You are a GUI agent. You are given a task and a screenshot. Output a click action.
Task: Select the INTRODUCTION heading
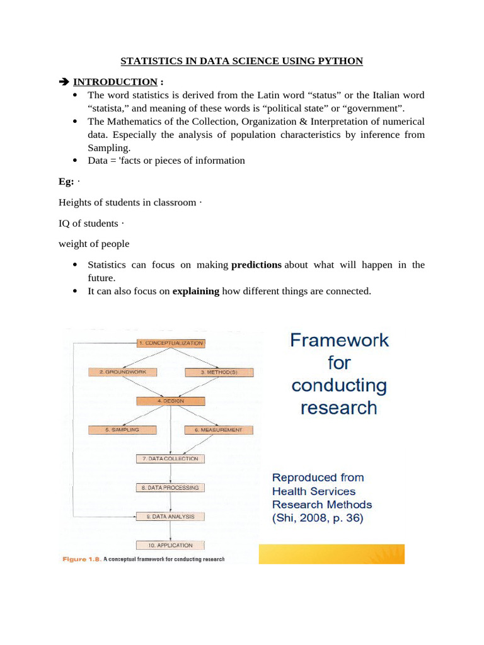(115, 82)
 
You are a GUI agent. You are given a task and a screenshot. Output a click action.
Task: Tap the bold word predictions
(256, 265)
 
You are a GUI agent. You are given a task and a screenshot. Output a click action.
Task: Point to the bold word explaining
(195, 291)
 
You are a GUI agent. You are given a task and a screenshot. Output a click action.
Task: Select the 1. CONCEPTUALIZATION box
(171, 343)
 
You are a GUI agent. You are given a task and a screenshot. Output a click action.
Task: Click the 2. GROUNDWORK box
(122, 372)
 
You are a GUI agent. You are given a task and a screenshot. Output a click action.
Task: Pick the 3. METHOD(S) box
(219, 372)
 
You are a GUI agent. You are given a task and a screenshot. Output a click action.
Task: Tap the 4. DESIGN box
(171, 401)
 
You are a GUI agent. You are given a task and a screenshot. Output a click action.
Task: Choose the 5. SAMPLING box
(122, 430)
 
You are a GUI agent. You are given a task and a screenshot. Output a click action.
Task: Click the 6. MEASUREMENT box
(219, 430)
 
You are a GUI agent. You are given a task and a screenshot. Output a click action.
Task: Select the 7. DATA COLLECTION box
(170, 459)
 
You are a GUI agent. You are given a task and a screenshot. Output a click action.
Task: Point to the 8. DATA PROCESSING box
(170, 488)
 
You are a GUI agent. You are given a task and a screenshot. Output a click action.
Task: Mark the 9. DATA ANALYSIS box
(170, 517)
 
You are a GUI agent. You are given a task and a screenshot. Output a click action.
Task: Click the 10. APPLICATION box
(170, 545)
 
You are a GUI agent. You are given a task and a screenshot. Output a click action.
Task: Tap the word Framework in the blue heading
(339, 341)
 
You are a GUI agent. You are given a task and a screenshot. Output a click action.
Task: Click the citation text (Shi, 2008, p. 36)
(318, 518)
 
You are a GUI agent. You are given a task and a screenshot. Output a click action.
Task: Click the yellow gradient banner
(331, 554)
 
